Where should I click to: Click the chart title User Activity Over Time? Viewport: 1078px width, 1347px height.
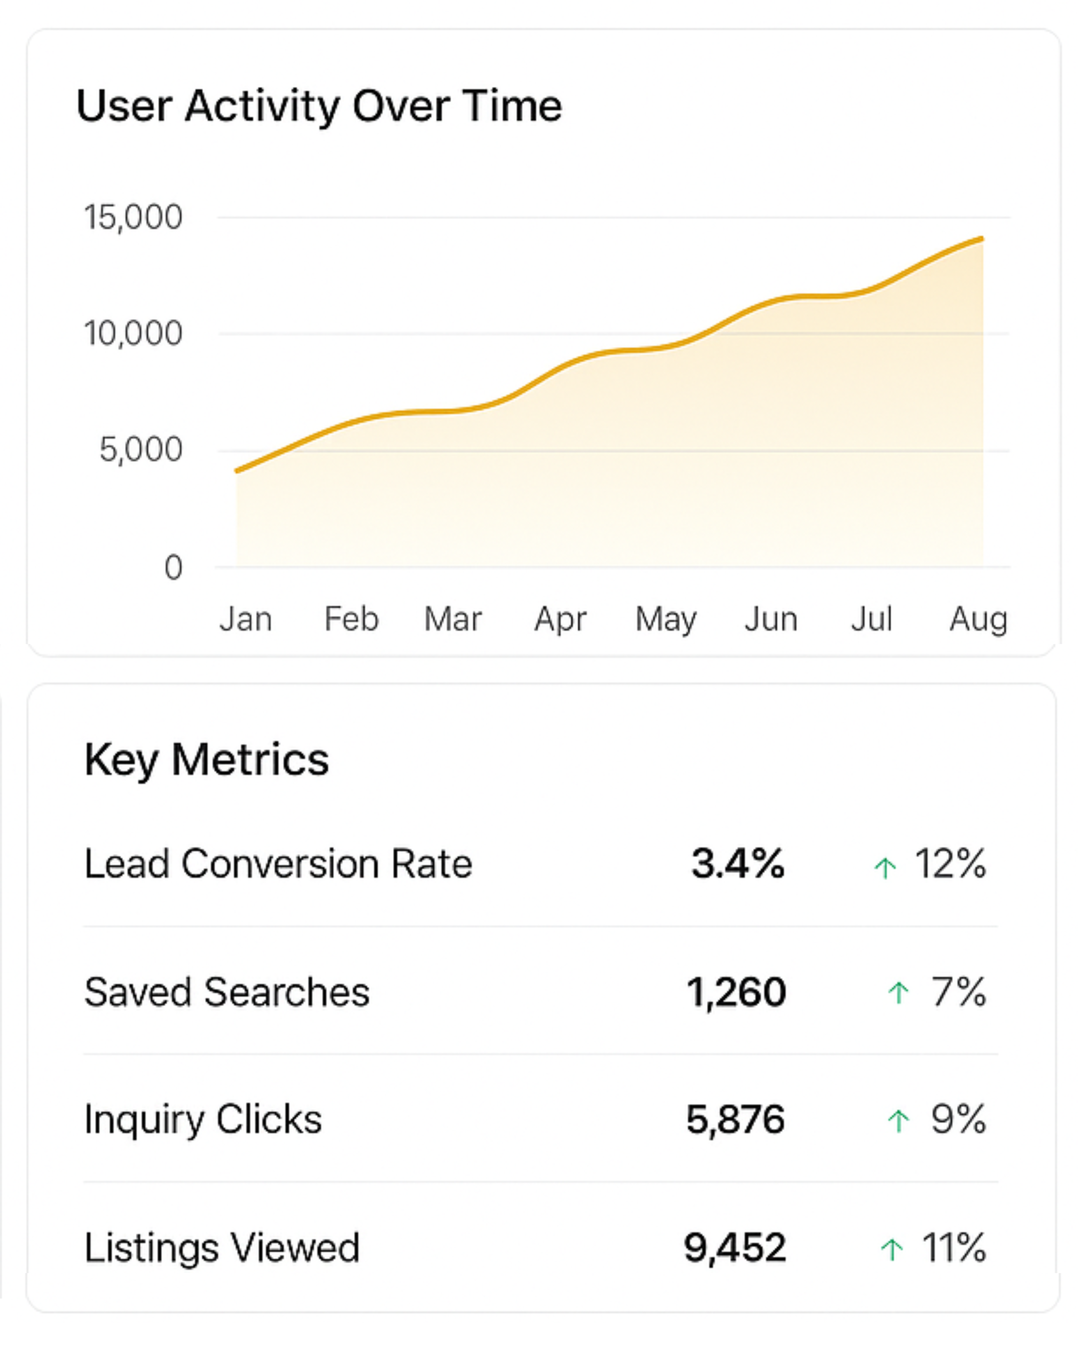[319, 106]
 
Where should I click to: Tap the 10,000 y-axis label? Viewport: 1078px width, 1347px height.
[133, 334]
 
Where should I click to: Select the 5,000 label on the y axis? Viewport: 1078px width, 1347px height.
[141, 450]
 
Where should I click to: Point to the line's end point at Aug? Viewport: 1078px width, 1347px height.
[982, 239]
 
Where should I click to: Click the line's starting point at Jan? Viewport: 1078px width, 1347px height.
[237, 471]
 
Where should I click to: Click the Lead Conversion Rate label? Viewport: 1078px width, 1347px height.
[278, 864]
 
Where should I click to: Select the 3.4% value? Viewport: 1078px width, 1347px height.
[738, 864]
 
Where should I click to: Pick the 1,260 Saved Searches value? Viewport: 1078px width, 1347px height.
[736, 992]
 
